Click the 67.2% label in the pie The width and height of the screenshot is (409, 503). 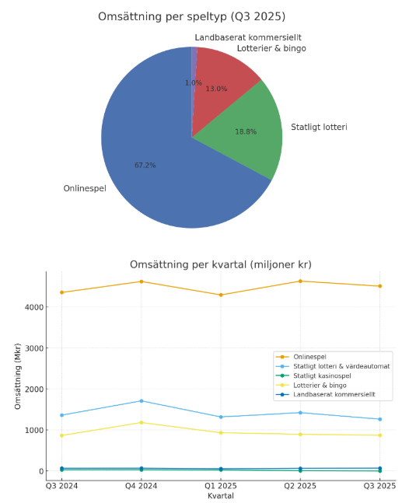[x=145, y=166]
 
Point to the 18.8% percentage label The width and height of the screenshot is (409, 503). [x=246, y=132]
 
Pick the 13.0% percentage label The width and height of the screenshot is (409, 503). [x=216, y=89]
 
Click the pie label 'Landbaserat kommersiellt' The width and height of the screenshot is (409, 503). [x=247, y=37]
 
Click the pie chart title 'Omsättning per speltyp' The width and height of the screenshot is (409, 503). [x=191, y=16]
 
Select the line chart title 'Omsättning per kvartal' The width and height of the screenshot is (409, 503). [x=220, y=264]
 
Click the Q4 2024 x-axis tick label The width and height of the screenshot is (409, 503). [x=141, y=485]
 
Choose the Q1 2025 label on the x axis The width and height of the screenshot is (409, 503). [x=221, y=485]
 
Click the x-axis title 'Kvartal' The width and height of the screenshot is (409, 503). [x=220, y=495]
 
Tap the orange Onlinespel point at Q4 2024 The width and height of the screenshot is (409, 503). [x=141, y=281]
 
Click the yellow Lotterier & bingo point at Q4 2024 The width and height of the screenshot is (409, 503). [x=141, y=423]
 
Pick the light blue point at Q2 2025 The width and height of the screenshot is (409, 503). [x=300, y=413]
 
